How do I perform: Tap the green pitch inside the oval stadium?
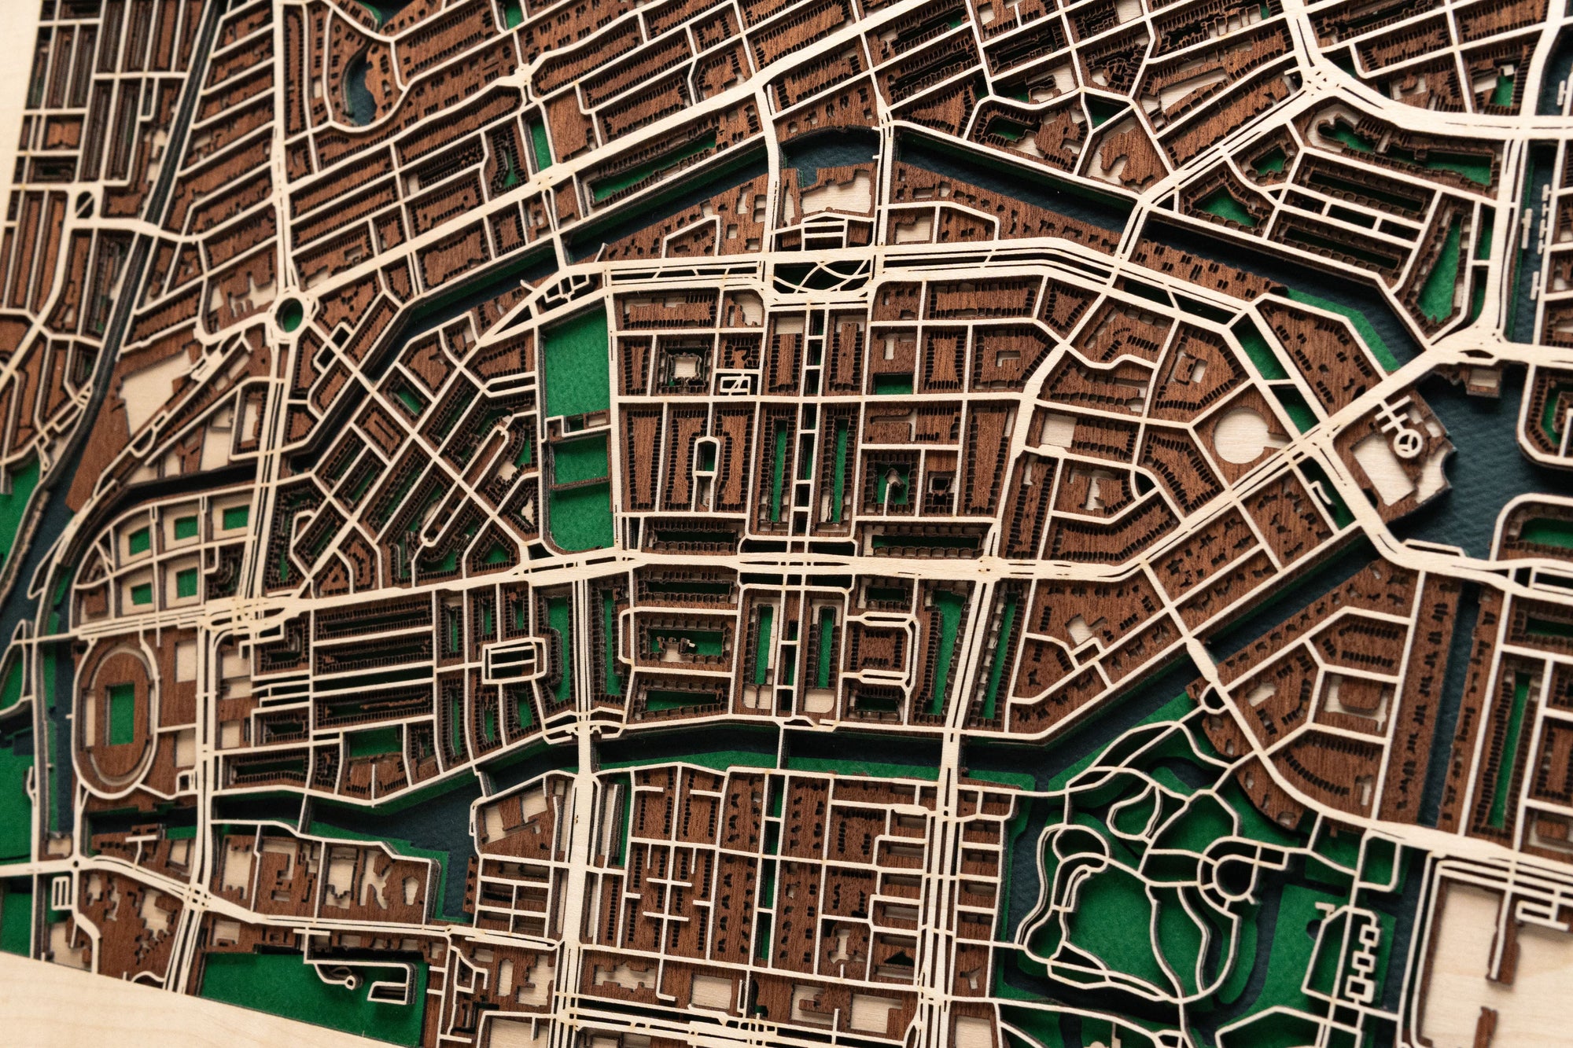(120, 713)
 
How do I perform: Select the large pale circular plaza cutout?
(1245, 435)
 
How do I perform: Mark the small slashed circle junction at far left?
(84, 204)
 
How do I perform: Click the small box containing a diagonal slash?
(737, 384)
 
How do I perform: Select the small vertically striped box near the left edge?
(61, 892)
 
